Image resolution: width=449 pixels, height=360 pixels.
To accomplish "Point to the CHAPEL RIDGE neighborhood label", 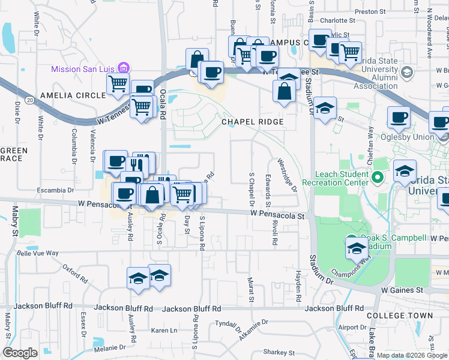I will [252, 122].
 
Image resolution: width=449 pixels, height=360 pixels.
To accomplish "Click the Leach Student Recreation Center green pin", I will [378, 177].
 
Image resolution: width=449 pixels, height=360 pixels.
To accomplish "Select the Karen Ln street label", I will [164, 331].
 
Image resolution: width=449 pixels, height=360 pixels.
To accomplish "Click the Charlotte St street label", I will [334, 20].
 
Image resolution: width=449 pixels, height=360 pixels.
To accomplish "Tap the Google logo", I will [20, 353].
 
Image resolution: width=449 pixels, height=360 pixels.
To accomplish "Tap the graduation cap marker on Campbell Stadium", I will [357, 248].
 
